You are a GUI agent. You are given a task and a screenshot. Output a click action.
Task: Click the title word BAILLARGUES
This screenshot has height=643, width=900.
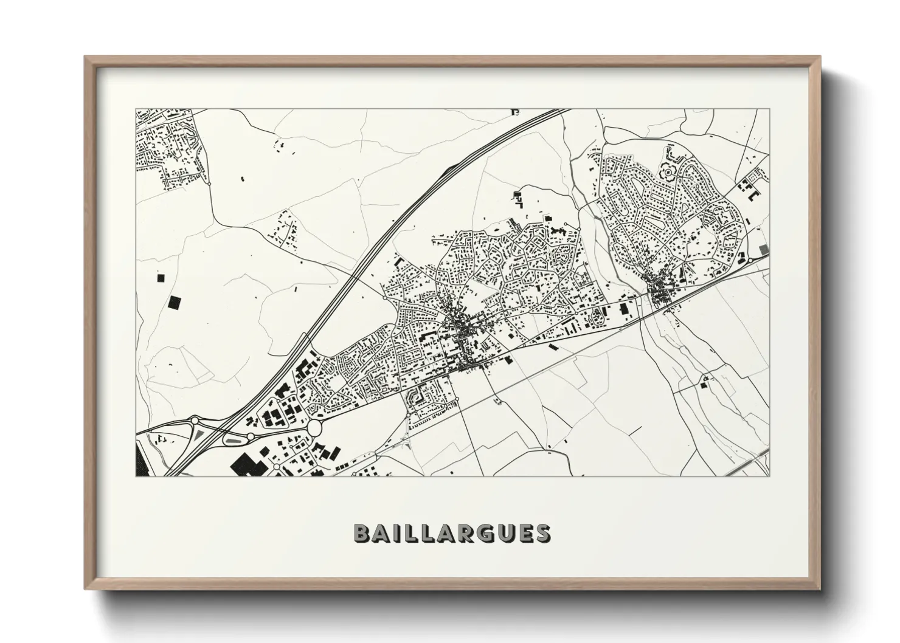pos(452,532)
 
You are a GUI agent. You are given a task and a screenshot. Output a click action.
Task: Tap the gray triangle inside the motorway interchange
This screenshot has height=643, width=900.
pos(199,435)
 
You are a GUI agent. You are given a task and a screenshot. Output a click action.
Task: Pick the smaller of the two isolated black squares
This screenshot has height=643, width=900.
pos(161,278)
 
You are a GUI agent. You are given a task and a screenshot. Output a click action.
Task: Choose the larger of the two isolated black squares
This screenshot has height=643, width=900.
pos(175,303)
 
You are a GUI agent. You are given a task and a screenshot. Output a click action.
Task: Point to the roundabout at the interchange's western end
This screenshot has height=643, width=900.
pos(195,420)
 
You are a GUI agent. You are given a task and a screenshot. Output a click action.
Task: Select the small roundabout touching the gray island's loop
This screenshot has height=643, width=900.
pos(250,436)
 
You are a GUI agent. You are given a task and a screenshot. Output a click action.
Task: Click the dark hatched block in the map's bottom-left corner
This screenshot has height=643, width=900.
pos(139,462)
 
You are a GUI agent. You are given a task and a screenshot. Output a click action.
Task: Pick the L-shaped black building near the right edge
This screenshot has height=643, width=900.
pos(754,196)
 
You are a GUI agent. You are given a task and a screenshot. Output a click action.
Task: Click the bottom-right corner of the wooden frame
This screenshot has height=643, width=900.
pos(820,589)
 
